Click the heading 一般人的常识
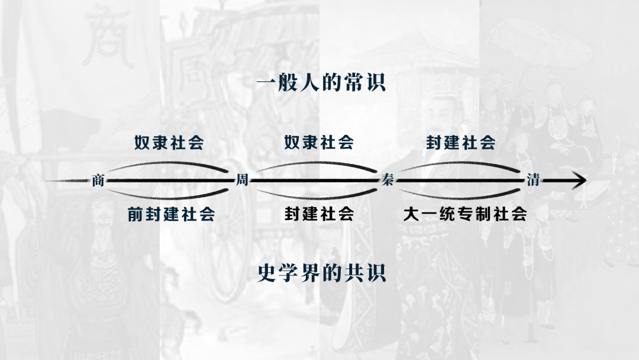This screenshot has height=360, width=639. [x=321, y=83]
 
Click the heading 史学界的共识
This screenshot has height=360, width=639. [x=321, y=273]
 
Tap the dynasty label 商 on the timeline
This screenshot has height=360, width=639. [x=98, y=180]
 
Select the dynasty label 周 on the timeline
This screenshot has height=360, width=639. [x=242, y=180]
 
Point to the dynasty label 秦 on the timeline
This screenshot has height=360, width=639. [x=387, y=180]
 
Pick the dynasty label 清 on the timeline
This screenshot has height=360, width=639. [x=532, y=180]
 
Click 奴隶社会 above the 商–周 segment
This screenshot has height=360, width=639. [x=169, y=143]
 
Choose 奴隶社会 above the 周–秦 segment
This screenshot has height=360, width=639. [x=319, y=143]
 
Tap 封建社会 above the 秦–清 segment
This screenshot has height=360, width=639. [x=461, y=143]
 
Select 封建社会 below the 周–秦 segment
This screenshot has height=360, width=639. [x=319, y=214]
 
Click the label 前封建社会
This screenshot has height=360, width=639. [x=172, y=214]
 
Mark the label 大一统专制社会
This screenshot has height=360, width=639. [x=465, y=214]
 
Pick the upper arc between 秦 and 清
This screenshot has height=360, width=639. [x=461, y=163]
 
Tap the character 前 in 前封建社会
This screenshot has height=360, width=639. [x=135, y=214]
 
